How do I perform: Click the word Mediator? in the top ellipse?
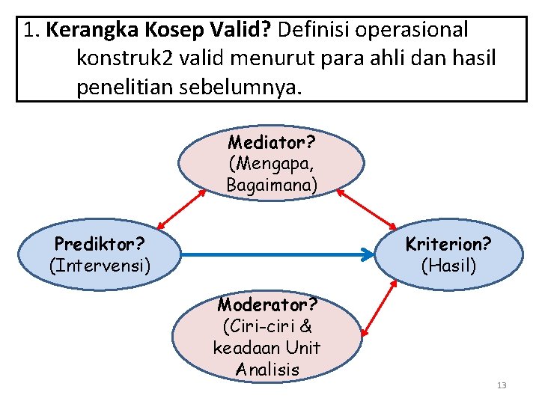pyautogui.click(x=272, y=142)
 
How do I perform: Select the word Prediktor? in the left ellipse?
pyautogui.click(x=100, y=244)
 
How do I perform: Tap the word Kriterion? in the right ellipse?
pyautogui.click(x=448, y=244)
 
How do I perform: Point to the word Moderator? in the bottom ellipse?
pyautogui.click(x=267, y=305)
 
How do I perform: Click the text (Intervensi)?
pyautogui.click(x=100, y=265)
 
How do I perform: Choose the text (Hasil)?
pyautogui.click(x=448, y=265)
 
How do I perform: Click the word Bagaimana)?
pyautogui.click(x=272, y=184)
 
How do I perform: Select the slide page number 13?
pyautogui.click(x=502, y=385)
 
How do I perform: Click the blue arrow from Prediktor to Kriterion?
pyautogui.click(x=277, y=254)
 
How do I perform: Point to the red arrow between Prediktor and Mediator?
pyautogui.click(x=182, y=207)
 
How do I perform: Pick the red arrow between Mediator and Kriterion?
pyautogui.click(x=367, y=208)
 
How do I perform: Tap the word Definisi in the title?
pyautogui.click(x=317, y=31)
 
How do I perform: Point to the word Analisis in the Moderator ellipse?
pyautogui.click(x=267, y=370)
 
